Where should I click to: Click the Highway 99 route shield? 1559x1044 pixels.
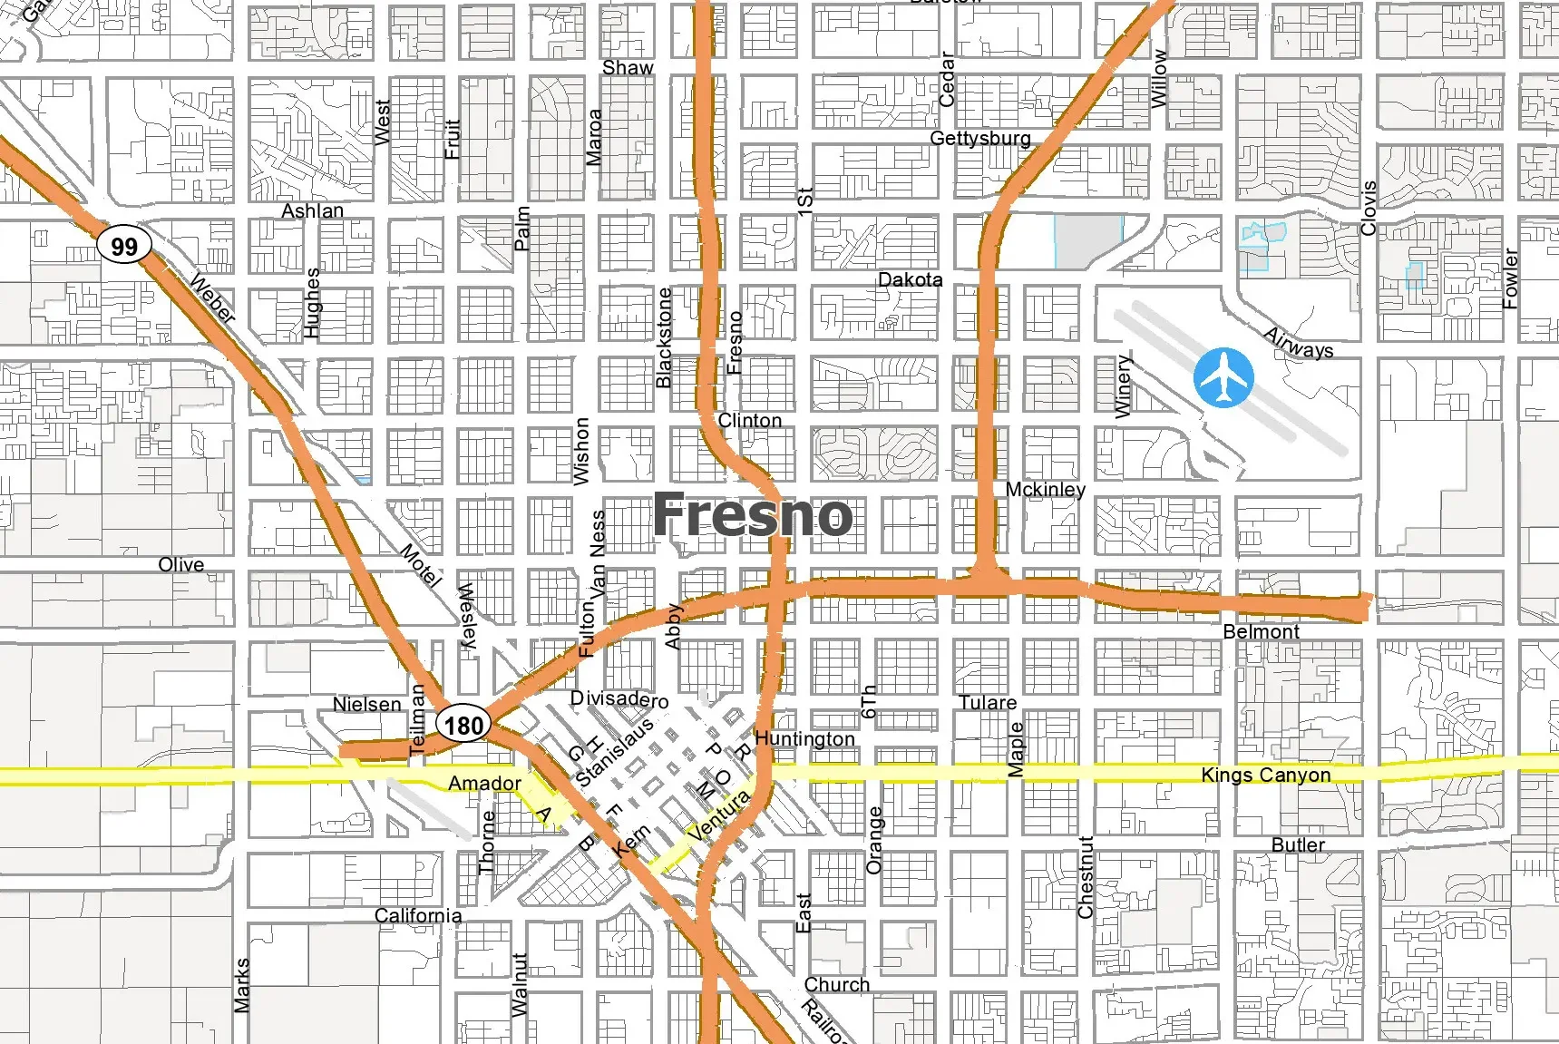point(124,246)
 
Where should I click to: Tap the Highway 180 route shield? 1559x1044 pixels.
point(463,725)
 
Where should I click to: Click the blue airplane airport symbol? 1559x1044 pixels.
point(1223,377)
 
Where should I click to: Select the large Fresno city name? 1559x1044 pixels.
point(752,515)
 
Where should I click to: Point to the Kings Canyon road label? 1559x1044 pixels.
point(1265,775)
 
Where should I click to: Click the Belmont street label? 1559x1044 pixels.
point(1261,631)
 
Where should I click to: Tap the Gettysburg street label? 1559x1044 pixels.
point(979,139)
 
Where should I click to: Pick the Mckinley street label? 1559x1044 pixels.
point(1045,489)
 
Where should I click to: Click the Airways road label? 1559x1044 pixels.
point(1299,343)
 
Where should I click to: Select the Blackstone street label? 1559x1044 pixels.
point(664,337)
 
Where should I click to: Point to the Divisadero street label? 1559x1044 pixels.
point(619,699)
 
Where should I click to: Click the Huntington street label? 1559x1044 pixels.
point(804,738)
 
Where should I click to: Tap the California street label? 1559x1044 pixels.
point(418,915)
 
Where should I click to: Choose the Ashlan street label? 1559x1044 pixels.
point(312,210)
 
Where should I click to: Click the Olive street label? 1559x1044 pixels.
point(181,564)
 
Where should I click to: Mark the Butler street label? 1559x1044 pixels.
point(1298,844)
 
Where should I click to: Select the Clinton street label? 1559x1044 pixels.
point(749,420)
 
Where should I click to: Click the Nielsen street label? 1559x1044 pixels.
point(366,704)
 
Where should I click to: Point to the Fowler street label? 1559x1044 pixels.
point(1510,278)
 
